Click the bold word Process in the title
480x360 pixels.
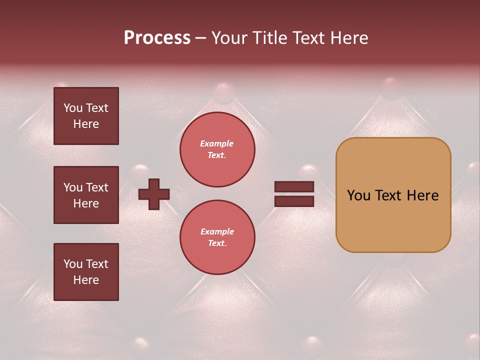157,38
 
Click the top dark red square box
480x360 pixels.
86,116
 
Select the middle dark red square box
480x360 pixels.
86,195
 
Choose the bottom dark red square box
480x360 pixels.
86,272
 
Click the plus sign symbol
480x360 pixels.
154,194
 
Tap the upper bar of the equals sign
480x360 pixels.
294,187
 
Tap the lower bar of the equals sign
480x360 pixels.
294,201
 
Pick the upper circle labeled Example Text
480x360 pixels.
217,149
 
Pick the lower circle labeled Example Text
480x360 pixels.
217,237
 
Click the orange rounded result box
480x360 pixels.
393,195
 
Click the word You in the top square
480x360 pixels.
73,108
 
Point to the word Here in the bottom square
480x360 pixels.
86,280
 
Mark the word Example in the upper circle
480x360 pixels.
217,143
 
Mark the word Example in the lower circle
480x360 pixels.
217,231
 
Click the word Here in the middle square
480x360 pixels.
86,203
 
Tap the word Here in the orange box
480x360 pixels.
422,195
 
